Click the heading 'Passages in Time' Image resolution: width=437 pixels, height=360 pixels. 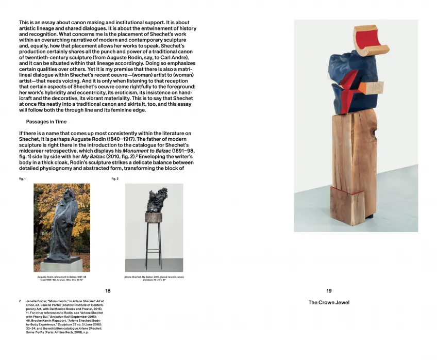click(46, 122)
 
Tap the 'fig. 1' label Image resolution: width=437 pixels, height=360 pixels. click(22, 179)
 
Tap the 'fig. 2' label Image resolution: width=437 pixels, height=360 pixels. click(114, 179)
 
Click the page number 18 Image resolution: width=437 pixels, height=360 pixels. click(108, 291)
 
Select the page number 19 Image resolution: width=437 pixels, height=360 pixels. click(329, 291)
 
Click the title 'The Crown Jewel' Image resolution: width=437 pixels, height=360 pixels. click(329, 303)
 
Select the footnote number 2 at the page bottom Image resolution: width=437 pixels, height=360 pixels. click(20, 300)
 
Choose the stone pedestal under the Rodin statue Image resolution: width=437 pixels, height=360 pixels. click(61, 265)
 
